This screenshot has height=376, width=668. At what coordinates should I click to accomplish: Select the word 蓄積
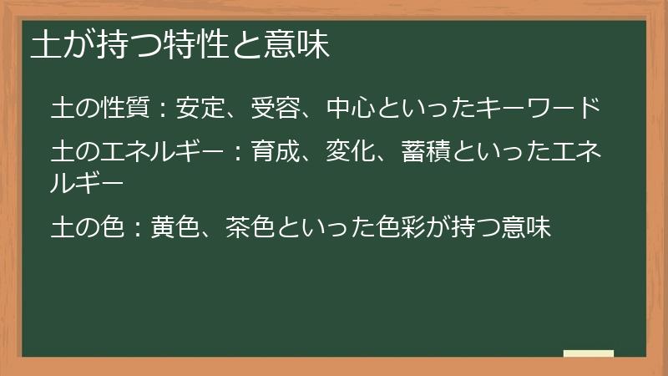tap(425, 153)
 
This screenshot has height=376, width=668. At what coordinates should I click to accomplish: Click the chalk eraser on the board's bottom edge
tap(589, 354)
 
